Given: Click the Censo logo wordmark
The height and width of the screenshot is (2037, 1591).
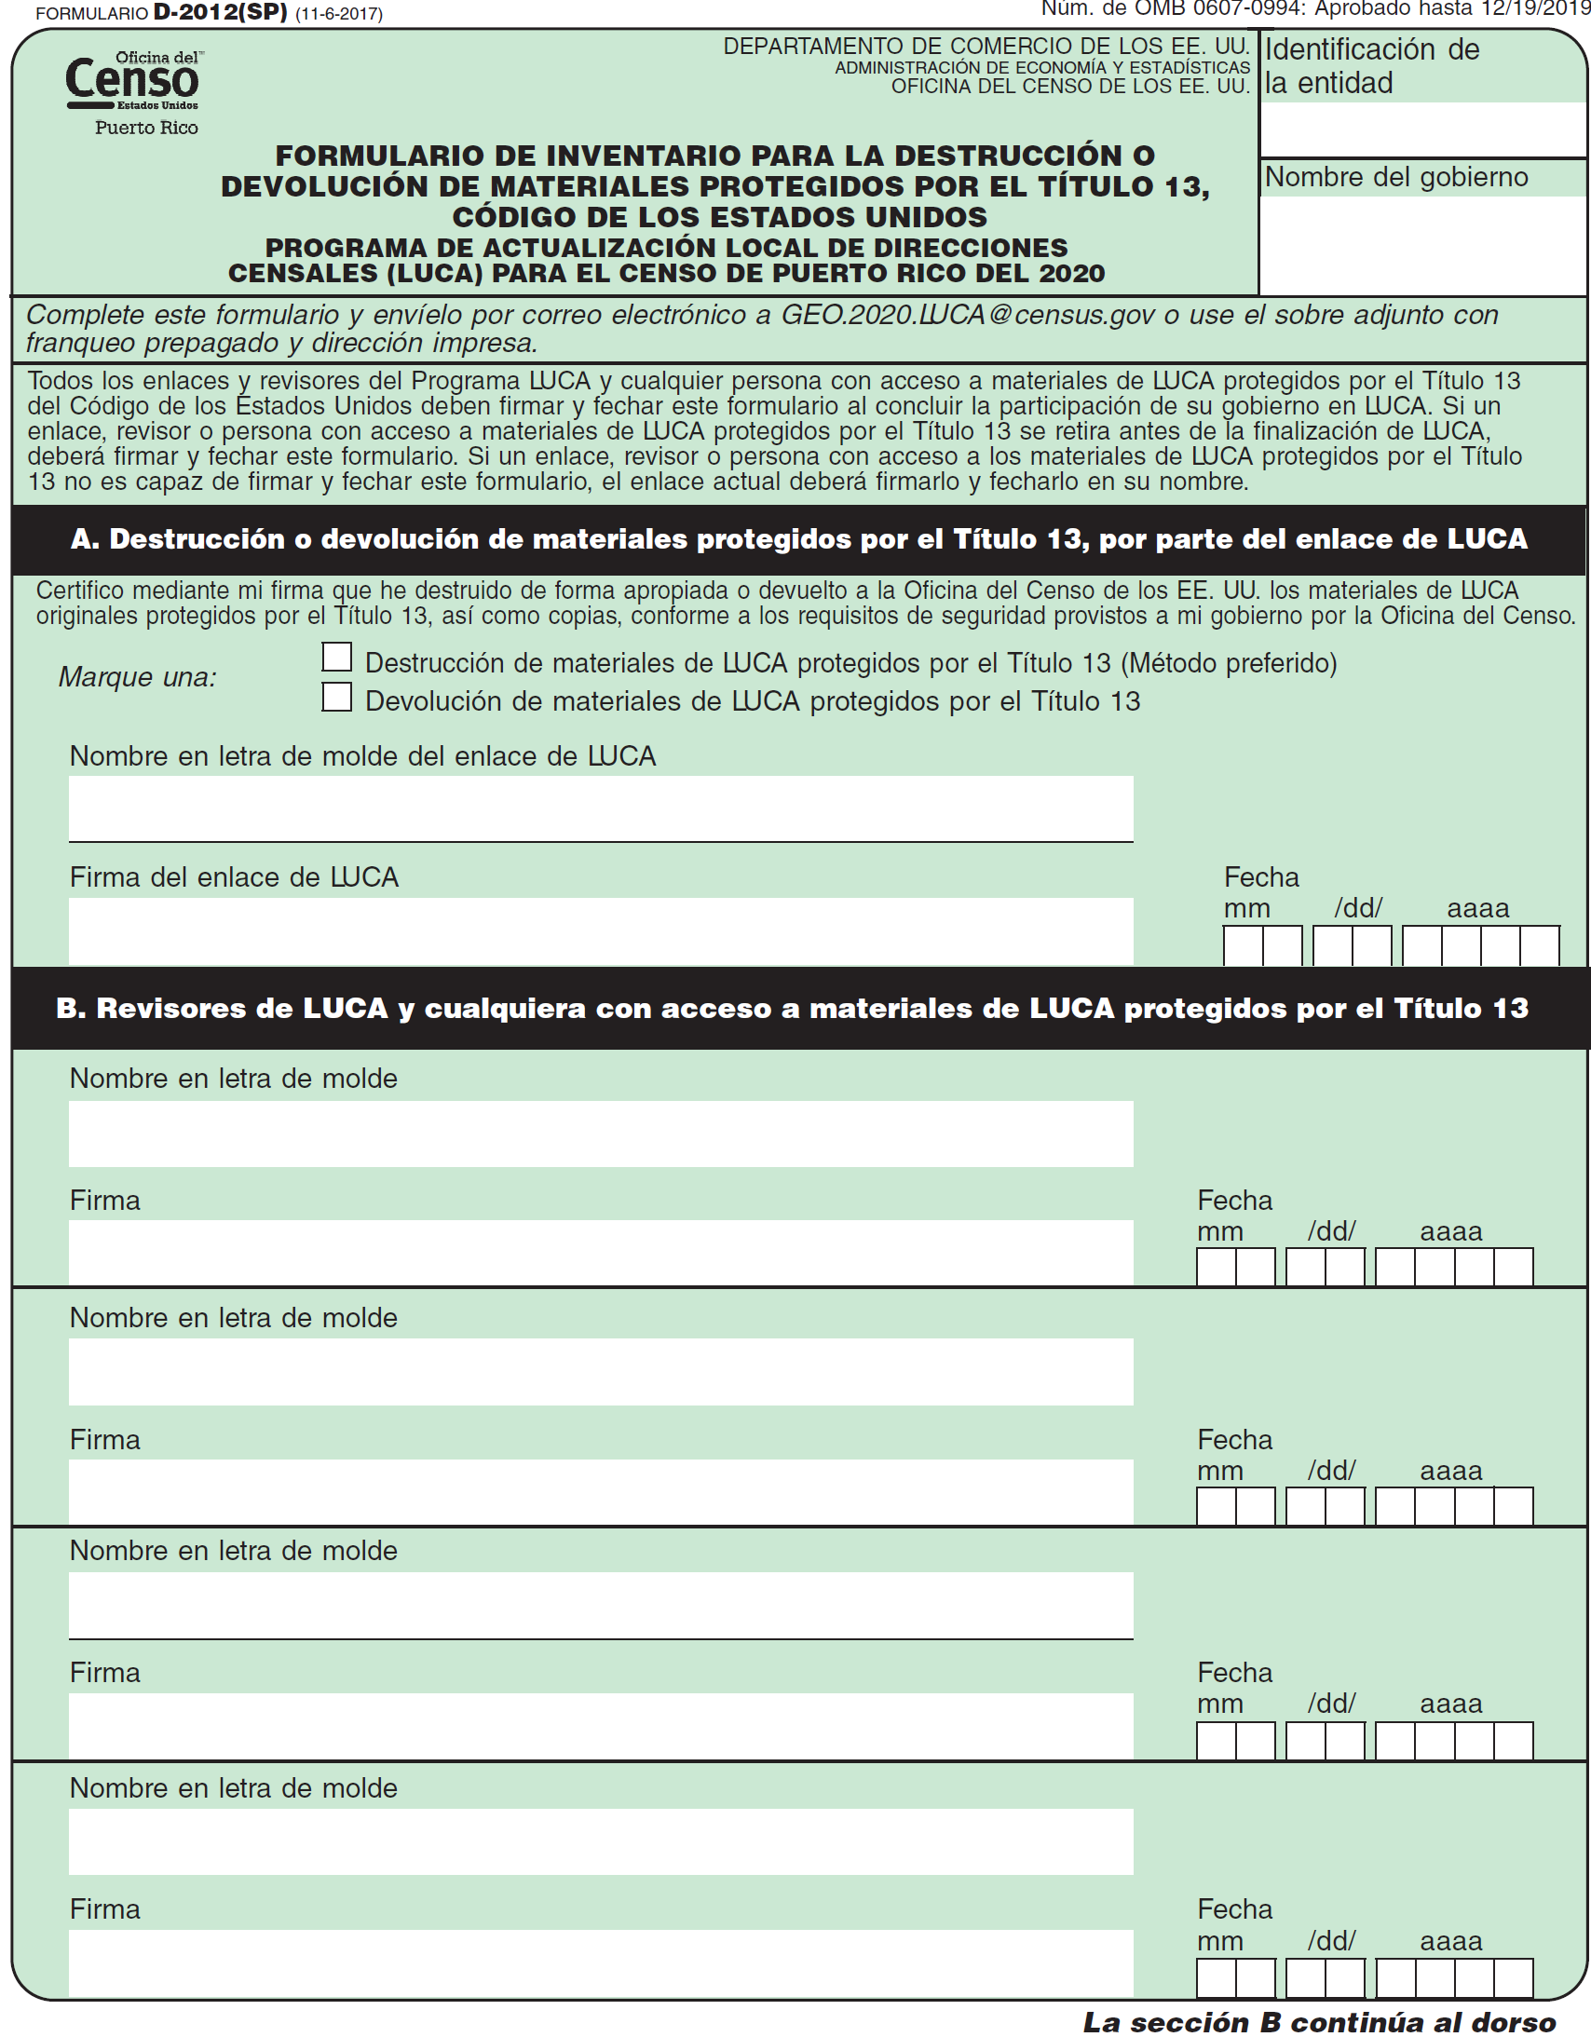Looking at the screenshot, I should click(131, 80).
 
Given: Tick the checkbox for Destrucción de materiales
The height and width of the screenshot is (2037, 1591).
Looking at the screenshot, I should click(336, 658).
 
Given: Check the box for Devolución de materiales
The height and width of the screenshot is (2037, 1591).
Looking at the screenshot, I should click(336, 697).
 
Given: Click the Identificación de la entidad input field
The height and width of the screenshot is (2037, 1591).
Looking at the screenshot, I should click(1423, 129).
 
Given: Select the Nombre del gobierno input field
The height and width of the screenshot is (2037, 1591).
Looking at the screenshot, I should click(1423, 244).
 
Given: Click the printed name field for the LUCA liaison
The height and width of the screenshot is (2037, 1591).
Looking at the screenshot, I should click(601, 808).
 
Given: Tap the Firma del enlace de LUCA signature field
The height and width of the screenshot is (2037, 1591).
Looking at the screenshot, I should click(601, 930).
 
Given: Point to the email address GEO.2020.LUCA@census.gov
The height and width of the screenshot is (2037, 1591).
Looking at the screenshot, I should click(971, 315).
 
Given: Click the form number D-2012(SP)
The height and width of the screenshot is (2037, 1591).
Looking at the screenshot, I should click(220, 13).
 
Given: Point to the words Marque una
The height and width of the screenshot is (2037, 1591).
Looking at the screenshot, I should click(137, 677).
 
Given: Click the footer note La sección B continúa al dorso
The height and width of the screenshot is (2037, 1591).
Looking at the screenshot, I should click(1319, 2022).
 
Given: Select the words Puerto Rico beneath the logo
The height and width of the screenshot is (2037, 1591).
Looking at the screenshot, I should click(146, 128).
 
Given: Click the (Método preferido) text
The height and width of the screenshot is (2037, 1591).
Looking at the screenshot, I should click(1229, 663).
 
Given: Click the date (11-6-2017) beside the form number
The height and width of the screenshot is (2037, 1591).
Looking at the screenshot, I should click(338, 14).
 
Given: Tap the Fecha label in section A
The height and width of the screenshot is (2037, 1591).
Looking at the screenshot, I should click(1261, 877).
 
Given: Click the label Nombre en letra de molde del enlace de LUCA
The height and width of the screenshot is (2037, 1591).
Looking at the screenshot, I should click(362, 756).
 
